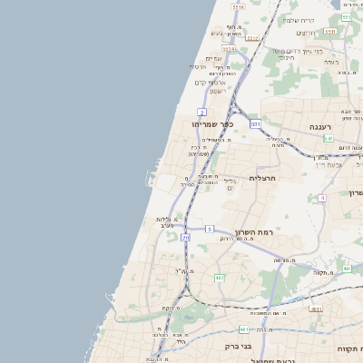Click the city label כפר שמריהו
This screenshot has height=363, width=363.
click(x=213, y=124)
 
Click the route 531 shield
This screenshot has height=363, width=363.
click(x=329, y=32)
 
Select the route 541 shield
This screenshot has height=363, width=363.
click(x=256, y=123)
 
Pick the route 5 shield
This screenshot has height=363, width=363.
click(x=209, y=229)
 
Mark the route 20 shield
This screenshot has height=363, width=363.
click(x=185, y=238)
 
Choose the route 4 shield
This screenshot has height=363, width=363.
click(x=321, y=197)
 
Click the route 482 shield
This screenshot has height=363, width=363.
click(x=243, y=329)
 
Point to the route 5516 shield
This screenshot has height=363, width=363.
click(x=238, y=7)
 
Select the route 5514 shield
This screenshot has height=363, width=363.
click(x=229, y=50)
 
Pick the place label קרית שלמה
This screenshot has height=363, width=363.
click(x=323, y=20)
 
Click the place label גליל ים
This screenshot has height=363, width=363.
click(x=230, y=184)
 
